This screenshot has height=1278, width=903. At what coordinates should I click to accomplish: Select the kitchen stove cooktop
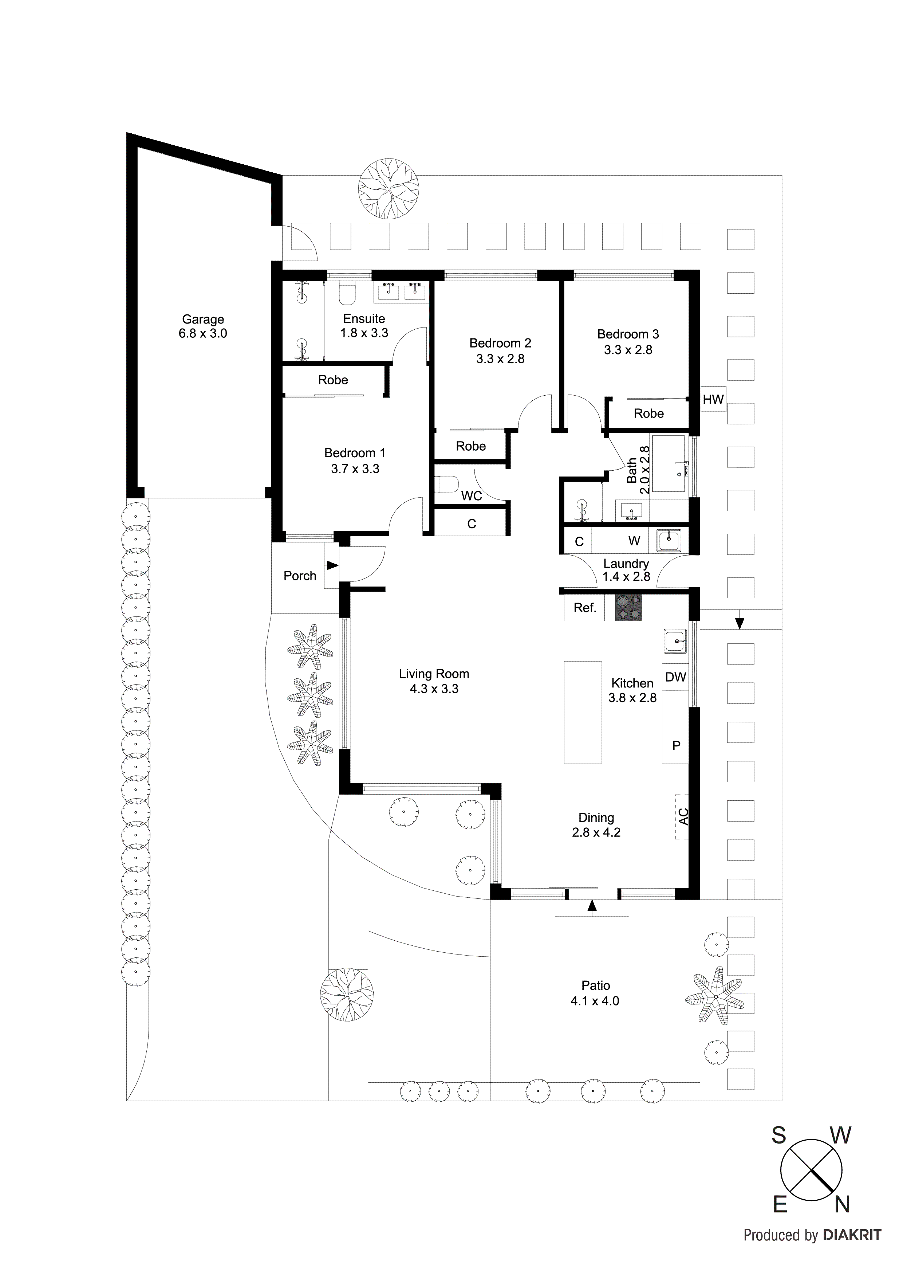628,607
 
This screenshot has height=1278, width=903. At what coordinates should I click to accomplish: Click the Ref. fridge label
585,608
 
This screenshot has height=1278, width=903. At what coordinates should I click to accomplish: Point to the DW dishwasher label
675,677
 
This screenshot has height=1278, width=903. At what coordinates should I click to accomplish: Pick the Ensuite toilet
347,294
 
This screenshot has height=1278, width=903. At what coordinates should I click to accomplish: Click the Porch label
299,576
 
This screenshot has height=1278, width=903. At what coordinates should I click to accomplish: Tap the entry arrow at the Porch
332,565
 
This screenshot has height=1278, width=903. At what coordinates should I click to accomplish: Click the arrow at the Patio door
592,906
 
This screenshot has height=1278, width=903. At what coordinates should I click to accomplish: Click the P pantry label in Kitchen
676,745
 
